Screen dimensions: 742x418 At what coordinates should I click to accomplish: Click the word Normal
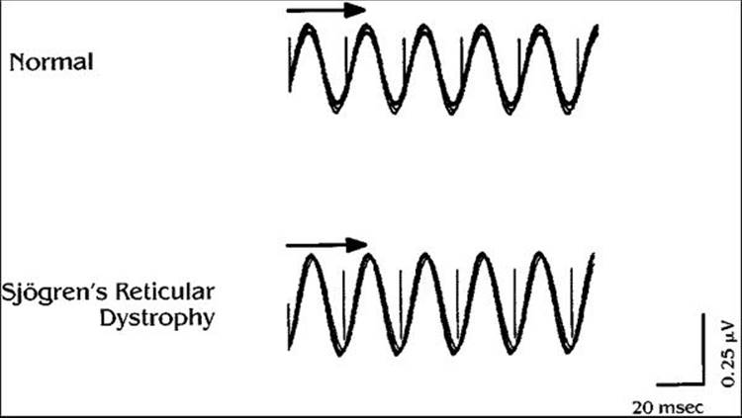click(51, 62)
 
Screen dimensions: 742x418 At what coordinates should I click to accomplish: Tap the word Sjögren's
click(54, 293)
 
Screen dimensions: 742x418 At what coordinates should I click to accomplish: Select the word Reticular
click(164, 292)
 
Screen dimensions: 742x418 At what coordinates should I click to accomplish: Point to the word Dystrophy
click(157, 319)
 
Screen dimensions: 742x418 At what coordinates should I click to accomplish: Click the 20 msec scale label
click(668, 406)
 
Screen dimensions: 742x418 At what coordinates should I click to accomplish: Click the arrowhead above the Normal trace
click(354, 10)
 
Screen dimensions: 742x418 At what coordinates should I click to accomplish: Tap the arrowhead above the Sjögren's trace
click(356, 245)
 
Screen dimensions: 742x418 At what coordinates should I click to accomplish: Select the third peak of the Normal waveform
click(423, 26)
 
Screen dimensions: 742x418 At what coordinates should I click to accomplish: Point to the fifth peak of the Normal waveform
click(539, 26)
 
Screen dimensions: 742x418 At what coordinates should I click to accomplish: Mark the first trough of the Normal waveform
click(336, 110)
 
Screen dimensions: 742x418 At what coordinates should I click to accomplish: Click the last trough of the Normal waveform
click(568, 110)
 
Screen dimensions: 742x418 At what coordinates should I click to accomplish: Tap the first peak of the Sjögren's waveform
click(312, 257)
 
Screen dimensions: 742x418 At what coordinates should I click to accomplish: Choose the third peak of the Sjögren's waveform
click(425, 257)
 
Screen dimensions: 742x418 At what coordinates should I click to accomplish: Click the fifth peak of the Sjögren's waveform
click(540, 257)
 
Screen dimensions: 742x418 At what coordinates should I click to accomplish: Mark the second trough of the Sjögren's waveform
click(397, 352)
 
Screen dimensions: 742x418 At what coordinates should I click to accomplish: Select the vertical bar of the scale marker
click(703, 349)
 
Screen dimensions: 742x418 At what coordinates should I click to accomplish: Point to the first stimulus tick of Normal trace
click(289, 63)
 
